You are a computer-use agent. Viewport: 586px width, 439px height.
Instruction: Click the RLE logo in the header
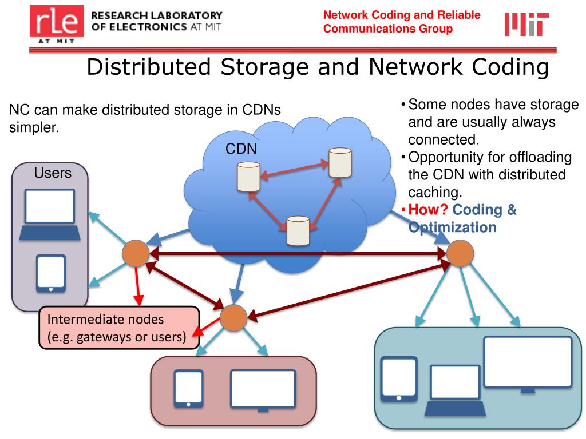pyautogui.click(x=57, y=23)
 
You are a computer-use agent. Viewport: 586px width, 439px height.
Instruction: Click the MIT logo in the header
pyautogui.click(x=526, y=24)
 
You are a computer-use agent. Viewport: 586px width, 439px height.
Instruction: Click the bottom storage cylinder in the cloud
pyautogui.click(x=298, y=230)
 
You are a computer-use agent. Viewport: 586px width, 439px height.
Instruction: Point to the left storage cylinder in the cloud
pyautogui.click(x=248, y=177)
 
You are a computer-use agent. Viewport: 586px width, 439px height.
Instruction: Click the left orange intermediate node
pyautogui.click(x=136, y=253)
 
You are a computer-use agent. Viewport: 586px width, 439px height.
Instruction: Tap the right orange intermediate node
pyautogui.click(x=460, y=253)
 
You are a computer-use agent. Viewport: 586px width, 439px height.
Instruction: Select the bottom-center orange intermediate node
pyautogui.click(x=233, y=318)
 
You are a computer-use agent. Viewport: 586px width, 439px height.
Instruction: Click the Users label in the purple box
pyautogui.click(x=53, y=173)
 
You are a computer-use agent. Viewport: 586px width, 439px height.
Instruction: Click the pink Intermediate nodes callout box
pyautogui.click(x=118, y=328)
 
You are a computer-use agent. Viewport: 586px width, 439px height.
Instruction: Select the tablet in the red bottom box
pyautogui.click(x=188, y=389)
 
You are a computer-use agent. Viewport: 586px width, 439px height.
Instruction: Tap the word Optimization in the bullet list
pyautogui.click(x=452, y=227)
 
